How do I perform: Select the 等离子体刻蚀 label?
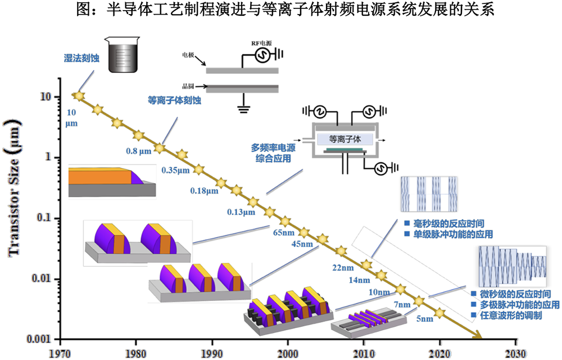pos(175,101)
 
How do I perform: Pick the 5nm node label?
pos(424,320)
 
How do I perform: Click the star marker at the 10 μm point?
pos(79,96)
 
